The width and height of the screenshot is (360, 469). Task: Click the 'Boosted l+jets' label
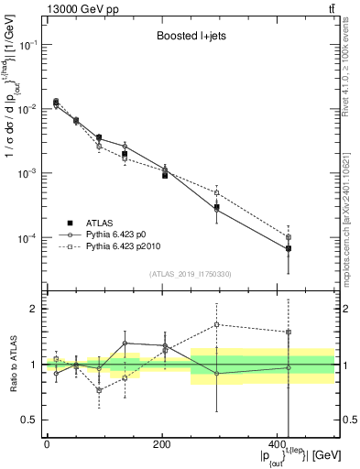189,38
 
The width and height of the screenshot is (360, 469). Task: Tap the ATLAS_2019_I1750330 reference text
189,274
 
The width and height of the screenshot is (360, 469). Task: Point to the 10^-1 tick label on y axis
27,45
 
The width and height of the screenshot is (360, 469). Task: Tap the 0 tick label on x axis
47,444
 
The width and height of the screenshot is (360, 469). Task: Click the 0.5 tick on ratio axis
30,420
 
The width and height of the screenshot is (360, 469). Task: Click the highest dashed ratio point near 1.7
216,324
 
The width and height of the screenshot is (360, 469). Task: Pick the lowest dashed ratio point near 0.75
99,390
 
